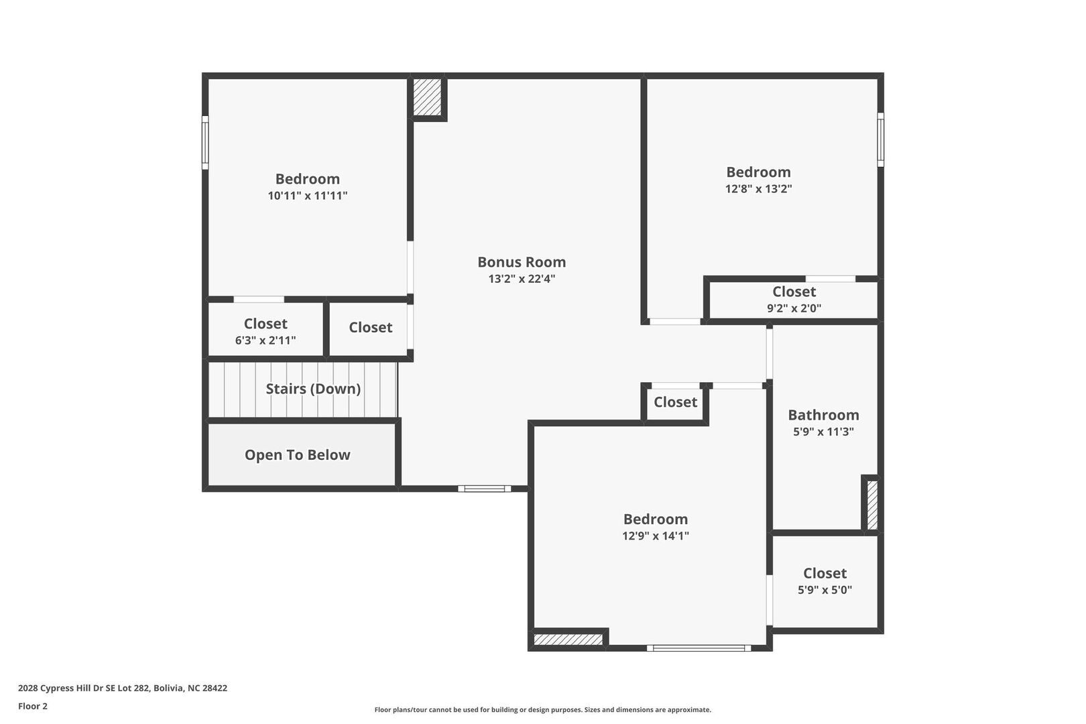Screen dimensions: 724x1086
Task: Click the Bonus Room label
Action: coord(522,262)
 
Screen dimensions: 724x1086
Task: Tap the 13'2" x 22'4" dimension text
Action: coord(522,279)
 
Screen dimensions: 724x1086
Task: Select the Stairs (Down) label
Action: coord(313,389)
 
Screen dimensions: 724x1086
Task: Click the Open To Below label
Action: coord(297,455)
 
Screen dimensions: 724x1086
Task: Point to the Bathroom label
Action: coord(823,415)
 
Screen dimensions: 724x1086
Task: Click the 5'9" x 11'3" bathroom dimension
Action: coord(823,432)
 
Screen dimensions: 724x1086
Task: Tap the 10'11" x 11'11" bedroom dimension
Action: coord(308,196)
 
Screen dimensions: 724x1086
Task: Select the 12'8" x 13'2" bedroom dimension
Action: coord(758,189)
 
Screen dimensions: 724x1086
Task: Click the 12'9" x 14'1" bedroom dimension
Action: coord(656,536)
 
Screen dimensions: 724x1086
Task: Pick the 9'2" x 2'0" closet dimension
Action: coord(794,308)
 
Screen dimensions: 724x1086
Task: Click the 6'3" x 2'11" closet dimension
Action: coord(265,341)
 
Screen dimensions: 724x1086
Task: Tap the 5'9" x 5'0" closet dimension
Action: coord(825,590)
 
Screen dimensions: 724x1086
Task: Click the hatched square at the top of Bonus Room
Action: coord(427,97)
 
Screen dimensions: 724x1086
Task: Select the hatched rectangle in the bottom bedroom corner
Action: coord(568,640)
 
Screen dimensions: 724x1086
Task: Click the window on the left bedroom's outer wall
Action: coord(205,142)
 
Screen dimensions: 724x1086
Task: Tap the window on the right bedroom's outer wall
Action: coord(881,139)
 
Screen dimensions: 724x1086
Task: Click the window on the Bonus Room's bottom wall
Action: coord(485,489)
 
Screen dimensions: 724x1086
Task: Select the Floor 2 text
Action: coord(33,706)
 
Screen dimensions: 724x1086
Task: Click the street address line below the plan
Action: coord(123,688)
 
